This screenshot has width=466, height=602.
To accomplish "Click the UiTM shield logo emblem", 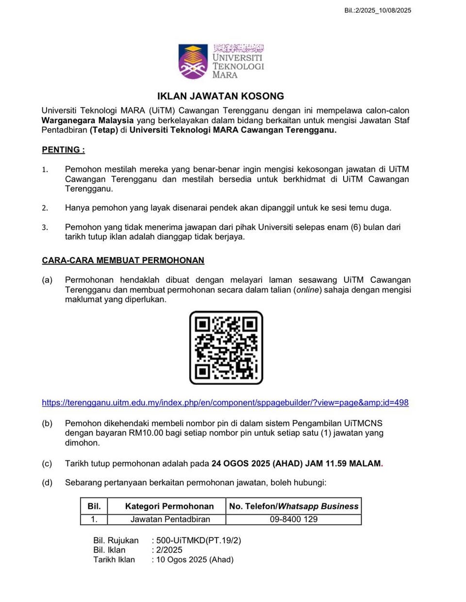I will pos(193,62).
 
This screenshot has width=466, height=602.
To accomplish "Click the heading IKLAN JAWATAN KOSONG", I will pos(220,96).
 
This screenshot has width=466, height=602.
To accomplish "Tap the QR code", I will pos(226,348).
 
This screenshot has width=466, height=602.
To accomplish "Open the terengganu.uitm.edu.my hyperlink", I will pos(225,403).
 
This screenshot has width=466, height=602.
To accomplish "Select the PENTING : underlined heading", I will pos(63,150).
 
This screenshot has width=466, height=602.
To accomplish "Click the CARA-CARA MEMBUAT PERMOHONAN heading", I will pos(123,260).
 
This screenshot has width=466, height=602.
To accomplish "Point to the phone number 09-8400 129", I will pos(294,519).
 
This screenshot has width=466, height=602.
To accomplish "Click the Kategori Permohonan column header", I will pos(169,506).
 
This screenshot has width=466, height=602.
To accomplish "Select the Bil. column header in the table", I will pos(94,506).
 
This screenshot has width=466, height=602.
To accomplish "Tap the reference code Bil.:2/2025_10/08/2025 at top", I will pos(378,10).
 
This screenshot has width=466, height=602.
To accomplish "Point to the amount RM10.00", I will pos(146,433).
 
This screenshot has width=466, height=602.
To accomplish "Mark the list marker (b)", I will pos(47,423).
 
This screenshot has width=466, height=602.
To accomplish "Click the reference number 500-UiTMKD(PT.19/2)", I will pos(199,540).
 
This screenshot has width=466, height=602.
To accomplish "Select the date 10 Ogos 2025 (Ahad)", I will pos(195,559).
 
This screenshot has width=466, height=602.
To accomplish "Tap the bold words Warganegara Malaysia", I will pos(87,120).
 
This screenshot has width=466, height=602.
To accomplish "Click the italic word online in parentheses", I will pos(308,290).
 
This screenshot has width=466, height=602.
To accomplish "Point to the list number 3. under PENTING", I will pos(45,228).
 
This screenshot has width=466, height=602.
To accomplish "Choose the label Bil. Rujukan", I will pos(116,540).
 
